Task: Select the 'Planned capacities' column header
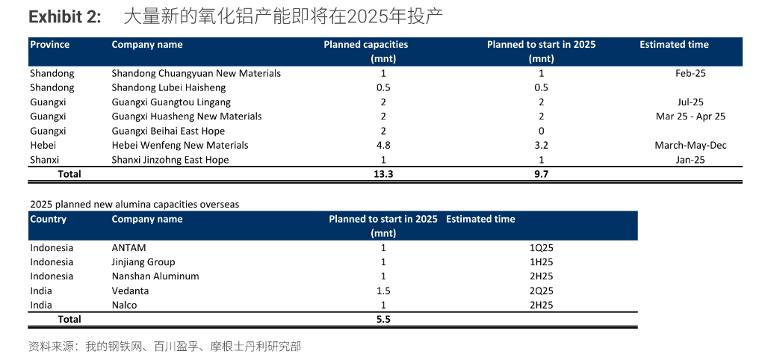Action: [365, 45]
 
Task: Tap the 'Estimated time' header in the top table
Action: [674, 45]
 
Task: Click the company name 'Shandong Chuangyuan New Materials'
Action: [196, 73]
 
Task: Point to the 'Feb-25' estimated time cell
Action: [690, 73]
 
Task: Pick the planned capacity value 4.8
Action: [383, 145]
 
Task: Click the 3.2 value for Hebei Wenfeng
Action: [541, 145]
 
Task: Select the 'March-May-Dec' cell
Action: [690, 145]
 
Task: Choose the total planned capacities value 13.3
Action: [383, 174]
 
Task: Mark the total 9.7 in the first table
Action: [541, 174]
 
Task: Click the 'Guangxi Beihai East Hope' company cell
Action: [167, 131]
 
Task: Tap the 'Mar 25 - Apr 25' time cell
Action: [690, 117]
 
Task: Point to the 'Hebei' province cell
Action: [43, 145]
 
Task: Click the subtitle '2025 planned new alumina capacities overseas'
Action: [134, 203]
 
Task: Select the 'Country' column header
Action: [48, 219]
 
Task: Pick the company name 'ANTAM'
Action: [128, 247]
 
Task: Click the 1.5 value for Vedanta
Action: [383, 291]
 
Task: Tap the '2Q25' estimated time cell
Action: [541, 291]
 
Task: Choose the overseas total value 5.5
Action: [383, 319]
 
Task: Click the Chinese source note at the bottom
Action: [164, 347]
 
